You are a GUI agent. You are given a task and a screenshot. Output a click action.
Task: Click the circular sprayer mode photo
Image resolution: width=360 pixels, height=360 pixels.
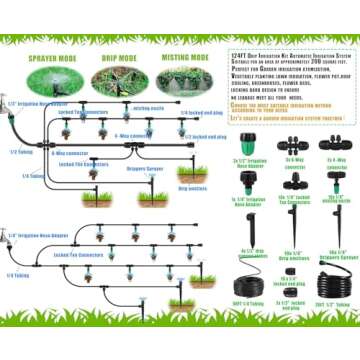(x=51, y=79)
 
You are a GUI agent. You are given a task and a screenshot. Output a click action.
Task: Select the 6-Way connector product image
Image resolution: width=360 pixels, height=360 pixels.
(x=293, y=144)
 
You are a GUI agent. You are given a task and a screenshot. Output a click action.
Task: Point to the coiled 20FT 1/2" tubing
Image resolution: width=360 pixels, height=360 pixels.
(x=334, y=281)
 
